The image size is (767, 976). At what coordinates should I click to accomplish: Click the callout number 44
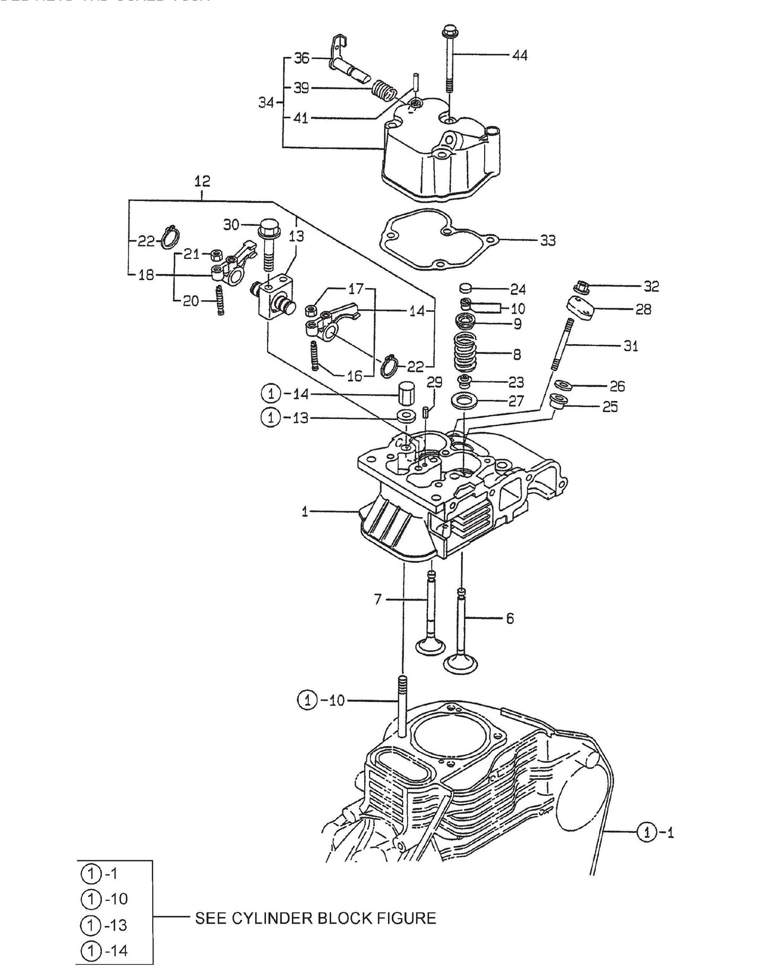point(519,55)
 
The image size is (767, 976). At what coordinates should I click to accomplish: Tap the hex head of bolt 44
point(450,30)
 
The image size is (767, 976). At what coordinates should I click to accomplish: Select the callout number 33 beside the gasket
point(547,240)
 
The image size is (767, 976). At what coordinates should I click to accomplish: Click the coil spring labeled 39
point(384,90)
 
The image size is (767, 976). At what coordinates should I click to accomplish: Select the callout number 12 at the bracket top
point(202,181)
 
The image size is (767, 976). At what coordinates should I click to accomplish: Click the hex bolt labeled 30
point(268,234)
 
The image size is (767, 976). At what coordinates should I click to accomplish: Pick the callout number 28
point(643,309)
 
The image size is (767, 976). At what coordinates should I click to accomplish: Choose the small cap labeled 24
point(466,288)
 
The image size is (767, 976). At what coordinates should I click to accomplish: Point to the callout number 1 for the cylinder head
point(305,512)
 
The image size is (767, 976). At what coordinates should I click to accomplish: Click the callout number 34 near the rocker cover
point(266,102)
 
